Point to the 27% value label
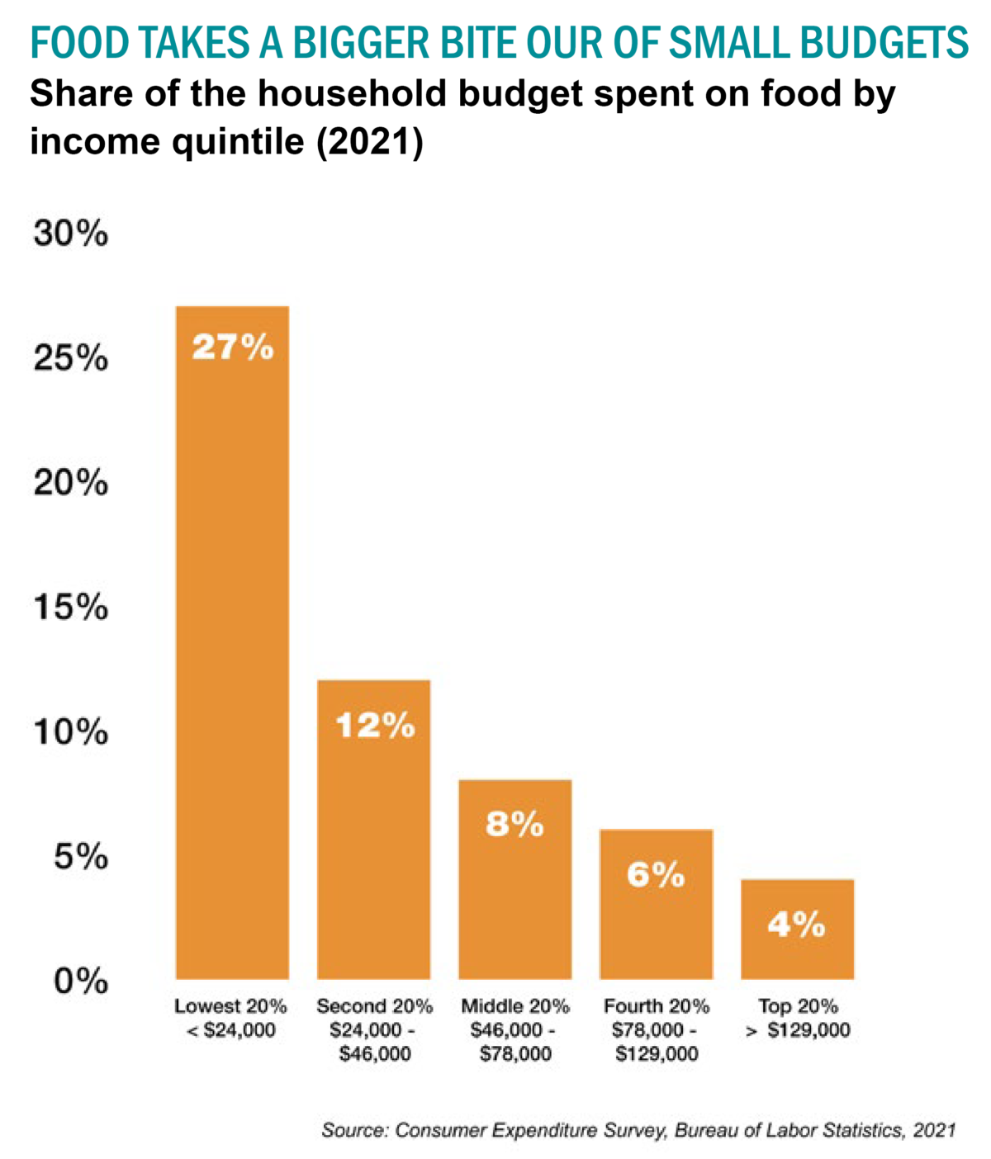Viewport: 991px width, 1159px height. pos(232,348)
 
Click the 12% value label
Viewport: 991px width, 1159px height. pos(374,726)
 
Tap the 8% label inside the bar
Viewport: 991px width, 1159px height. pos(514,824)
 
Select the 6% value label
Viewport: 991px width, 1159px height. pos(656,874)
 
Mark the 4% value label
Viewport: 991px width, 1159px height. pos(796,925)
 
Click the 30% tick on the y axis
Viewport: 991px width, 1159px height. pos(70,234)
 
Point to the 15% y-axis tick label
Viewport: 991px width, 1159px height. pos(70,608)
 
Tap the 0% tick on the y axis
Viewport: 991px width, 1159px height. pos(81,982)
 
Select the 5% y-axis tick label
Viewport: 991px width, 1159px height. pos(81,858)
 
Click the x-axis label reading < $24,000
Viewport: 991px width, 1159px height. pos(231,1030)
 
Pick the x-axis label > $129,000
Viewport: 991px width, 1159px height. pos(797,1030)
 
